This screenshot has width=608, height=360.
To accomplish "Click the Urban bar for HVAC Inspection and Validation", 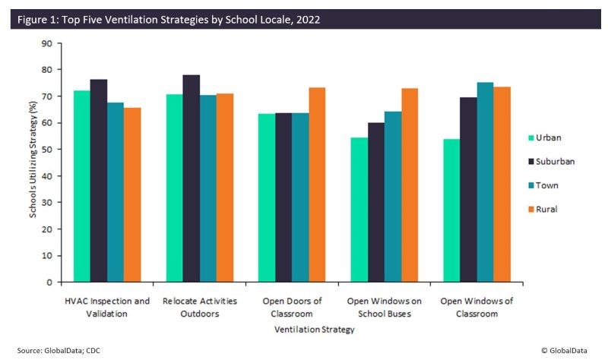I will coord(81,186).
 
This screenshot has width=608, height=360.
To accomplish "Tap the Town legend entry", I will coord(552,185).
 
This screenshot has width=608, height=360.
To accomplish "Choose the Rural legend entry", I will coord(552,209).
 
